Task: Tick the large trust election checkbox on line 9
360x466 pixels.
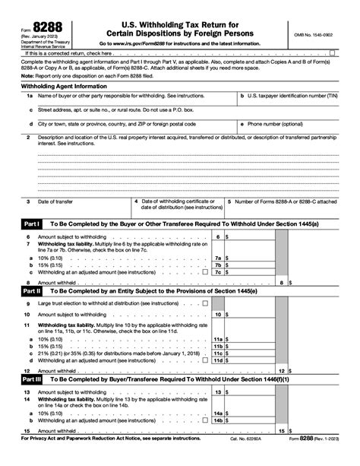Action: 206,303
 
